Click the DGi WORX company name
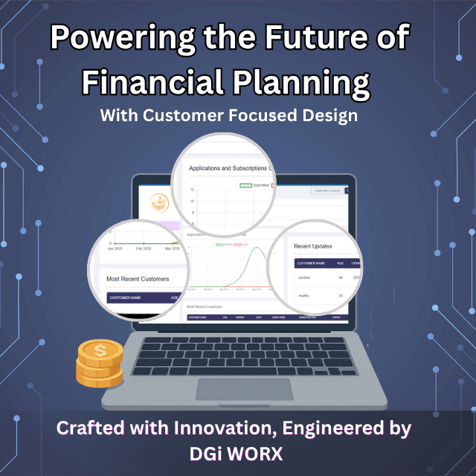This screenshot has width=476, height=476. pos(236,454)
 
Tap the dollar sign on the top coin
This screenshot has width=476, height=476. pos(100,350)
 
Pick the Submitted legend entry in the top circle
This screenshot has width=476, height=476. pos(255,185)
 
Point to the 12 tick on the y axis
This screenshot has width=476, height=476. pos(192,190)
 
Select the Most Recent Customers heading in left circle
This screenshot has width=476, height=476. pos(138,279)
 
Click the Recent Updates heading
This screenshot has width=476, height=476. pos(313,245)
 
